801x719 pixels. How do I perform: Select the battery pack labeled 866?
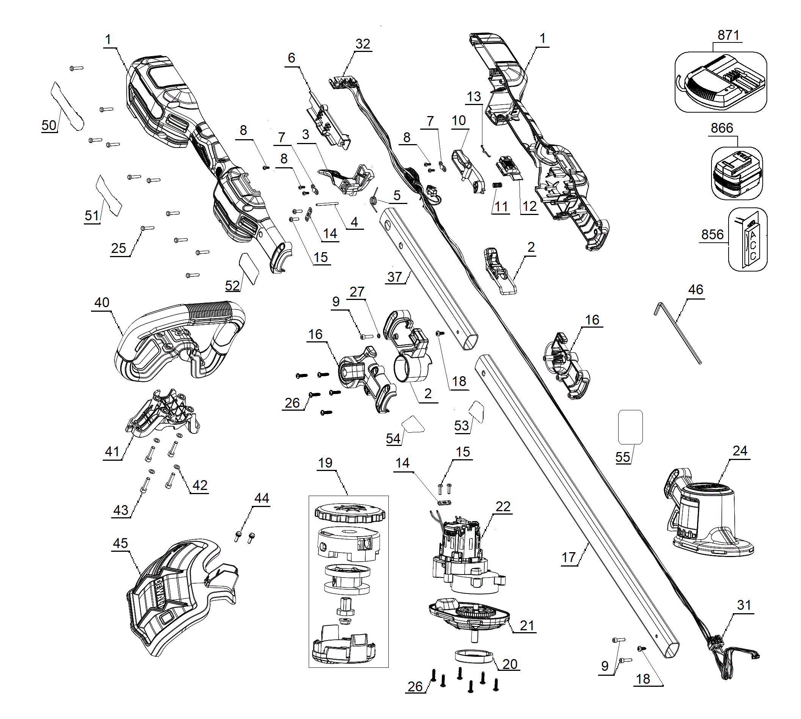pos(736,174)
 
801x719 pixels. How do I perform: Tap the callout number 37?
pos(394,277)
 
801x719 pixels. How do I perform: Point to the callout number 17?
pos(568,557)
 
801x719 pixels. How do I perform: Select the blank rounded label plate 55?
pos(630,427)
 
